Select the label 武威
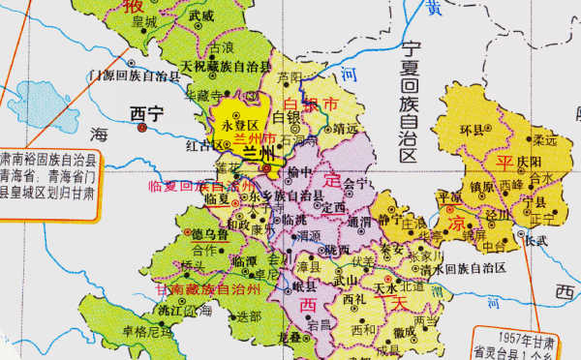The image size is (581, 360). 201,16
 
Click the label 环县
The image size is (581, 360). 473,129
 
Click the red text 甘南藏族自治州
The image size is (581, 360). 208,290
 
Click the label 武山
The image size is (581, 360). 348,281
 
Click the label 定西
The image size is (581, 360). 334,207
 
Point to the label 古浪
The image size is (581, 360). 222,46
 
